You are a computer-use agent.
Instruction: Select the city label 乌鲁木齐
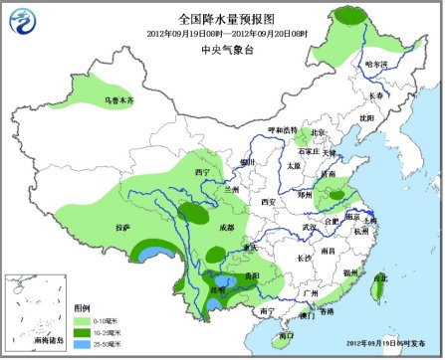coord(118,101)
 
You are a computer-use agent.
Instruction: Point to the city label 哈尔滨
coord(376,65)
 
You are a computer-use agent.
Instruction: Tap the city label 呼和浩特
coord(279,130)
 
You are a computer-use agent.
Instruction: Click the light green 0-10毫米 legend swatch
coord(85,319)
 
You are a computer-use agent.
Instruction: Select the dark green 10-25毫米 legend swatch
coord(85,331)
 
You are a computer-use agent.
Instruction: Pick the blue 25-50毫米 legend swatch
coord(85,343)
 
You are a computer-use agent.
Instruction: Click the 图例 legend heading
coord(85,308)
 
